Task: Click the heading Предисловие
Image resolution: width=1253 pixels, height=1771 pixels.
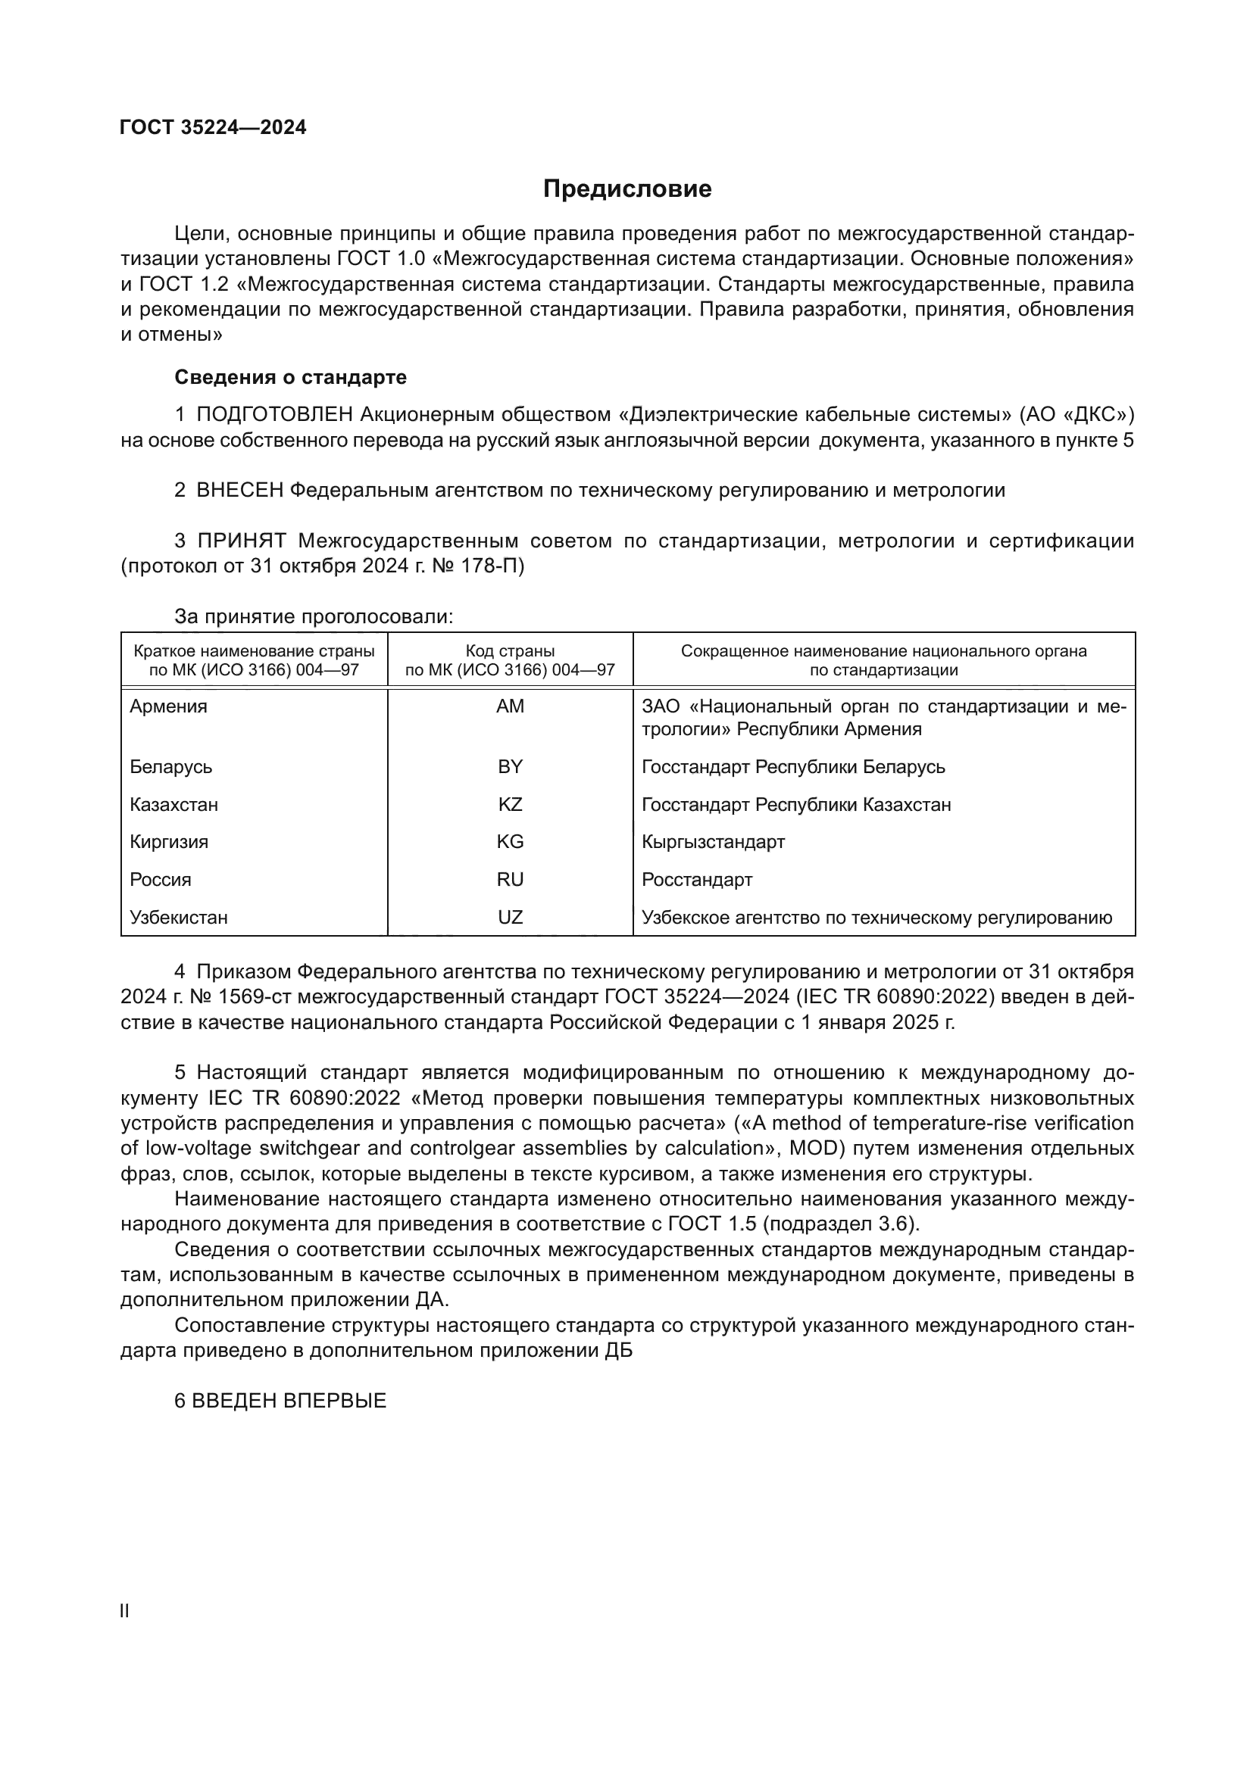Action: [626, 189]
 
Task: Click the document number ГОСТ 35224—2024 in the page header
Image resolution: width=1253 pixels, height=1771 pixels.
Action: [213, 127]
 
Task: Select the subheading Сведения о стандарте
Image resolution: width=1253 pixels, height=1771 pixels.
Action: [290, 377]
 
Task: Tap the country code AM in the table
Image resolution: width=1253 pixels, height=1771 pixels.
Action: [510, 706]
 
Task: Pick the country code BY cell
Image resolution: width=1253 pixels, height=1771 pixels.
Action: [510, 767]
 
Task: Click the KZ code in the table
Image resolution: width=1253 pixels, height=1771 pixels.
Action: [510, 805]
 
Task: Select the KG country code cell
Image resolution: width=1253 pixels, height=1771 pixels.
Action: [510, 841]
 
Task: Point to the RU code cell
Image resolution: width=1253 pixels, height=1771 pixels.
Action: [510, 879]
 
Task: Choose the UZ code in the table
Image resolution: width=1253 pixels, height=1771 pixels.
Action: [510, 917]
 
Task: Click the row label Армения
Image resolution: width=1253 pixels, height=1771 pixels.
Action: [168, 706]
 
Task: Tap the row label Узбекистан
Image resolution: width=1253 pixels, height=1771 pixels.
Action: [178, 917]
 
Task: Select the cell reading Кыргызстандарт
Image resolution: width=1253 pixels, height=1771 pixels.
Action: [713, 841]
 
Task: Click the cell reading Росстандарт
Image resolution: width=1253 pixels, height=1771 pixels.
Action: [697, 879]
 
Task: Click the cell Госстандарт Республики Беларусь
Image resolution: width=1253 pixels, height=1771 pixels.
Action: [793, 767]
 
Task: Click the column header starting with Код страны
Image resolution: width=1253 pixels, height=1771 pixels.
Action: [510, 660]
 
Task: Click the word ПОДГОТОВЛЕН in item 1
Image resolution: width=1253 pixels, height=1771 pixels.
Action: [275, 415]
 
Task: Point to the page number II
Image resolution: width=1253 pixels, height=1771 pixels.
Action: [125, 1611]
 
